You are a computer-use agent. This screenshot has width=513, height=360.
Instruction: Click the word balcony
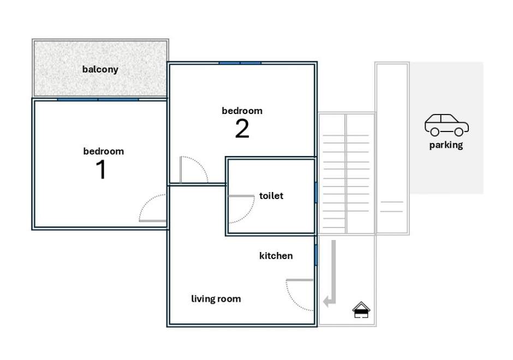pyautogui.click(x=100, y=69)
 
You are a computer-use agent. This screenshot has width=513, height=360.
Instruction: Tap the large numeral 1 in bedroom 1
pyautogui.click(x=101, y=170)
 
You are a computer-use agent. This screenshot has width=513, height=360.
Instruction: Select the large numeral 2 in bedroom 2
pyautogui.click(x=242, y=129)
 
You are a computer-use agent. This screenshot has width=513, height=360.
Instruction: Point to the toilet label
pyautogui.click(x=271, y=195)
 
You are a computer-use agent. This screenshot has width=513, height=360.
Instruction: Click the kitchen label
pyautogui.click(x=276, y=256)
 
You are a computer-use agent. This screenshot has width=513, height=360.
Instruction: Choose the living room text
pyautogui.click(x=216, y=299)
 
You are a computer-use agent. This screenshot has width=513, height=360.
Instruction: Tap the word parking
pyautogui.click(x=446, y=145)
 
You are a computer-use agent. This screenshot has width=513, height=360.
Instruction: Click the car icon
pyautogui.click(x=446, y=125)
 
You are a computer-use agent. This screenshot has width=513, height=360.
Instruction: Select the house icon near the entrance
pyautogui.click(x=361, y=310)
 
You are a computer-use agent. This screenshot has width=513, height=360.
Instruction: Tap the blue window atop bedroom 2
pyautogui.click(x=240, y=63)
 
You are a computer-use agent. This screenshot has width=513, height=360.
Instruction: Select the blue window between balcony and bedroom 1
pyautogui.click(x=98, y=99)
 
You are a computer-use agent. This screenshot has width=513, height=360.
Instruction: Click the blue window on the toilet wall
pyautogui.click(x=316, y=192)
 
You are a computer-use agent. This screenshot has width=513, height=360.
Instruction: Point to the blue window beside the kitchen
pyautogui.click(x=316, y=255)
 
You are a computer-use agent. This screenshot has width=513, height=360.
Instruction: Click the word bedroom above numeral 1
pyautogui.click(x=103, y=151)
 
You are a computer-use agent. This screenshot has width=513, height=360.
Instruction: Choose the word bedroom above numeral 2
pyautogui.click(x=242, y=111)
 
